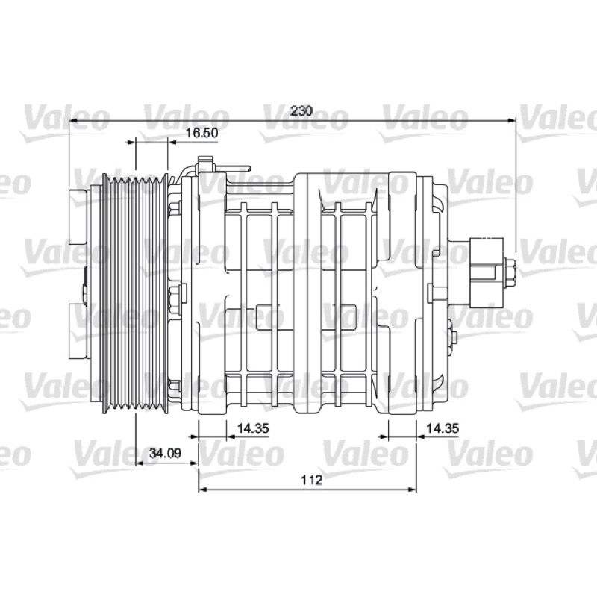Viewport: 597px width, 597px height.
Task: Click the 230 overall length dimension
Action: pyautogui.click(x=301, y=110)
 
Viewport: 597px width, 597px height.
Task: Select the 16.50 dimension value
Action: pyautogui.click(x=201, y=133)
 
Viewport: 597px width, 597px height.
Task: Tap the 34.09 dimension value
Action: pyautogui.click(x=165, y=453)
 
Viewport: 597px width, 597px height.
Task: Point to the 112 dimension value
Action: pyautogui.click(x=312, y=480)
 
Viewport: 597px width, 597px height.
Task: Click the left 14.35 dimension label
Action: pyautogui.click(x=253, y=428)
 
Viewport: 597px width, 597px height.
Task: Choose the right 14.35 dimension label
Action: pyautogui.click(x=443, y=428)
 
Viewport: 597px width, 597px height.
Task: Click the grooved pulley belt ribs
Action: pyautogui.click(x=135, y=293)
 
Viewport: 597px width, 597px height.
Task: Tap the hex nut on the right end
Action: pyautogui.click(x=510, y=274)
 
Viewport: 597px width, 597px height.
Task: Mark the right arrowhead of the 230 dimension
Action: pyautogui.click(x=511, y=121)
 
